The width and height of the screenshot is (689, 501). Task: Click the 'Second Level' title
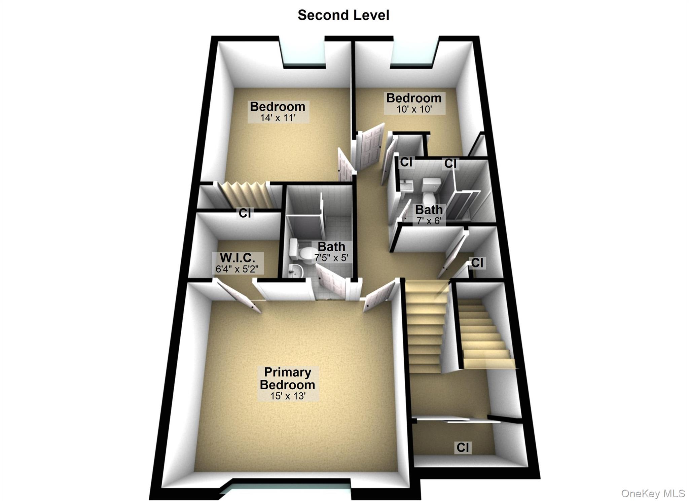click(x=343, y=15)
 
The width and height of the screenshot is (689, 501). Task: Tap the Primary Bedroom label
click(x=287, y=378)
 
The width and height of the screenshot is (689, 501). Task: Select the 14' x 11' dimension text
click(x=278, y=118)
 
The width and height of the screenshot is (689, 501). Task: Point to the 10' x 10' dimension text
click(x=414, y=109)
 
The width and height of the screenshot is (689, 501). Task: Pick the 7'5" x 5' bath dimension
click(x=331, y=258)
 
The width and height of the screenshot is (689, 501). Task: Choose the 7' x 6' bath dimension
click(x=429, y=221)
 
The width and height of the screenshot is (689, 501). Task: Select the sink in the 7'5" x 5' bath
click(x=296, y=271)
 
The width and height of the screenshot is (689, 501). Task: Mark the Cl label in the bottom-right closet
click(x=463, y=448)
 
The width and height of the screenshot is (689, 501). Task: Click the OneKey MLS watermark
click(x=653, y=493)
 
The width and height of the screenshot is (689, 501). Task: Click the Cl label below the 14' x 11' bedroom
click(x=245, y=213)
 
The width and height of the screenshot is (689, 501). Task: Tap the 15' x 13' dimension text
click(x=288, y=396)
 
